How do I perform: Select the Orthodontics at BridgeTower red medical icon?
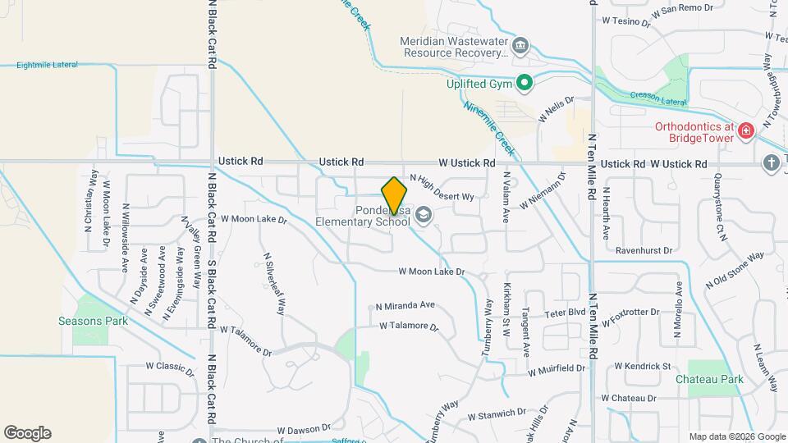[745, 130]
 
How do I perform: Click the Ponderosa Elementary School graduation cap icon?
[423, 215]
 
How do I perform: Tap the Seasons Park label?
[93, 321]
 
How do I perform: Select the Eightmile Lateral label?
[53, 64]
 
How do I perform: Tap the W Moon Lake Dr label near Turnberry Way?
[432, 272]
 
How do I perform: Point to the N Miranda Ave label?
[405, 305]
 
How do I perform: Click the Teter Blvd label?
[565, 313]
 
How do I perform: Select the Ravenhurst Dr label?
[644, 250]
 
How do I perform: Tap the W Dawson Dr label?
[303, 428]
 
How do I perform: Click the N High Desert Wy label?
[442, 188]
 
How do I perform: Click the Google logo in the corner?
[27, 433]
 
